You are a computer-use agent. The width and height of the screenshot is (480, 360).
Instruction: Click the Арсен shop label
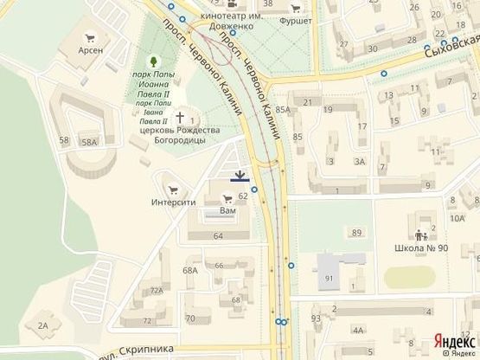click(x=90, y=50)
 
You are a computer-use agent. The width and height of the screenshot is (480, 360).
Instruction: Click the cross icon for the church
click(x=181, y=117)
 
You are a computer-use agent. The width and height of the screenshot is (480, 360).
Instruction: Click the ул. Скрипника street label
click(x=137, y=351)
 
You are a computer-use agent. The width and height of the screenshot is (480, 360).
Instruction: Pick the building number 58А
click(x=89, y=141)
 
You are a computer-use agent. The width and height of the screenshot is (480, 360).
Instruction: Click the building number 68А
click(x=190, y=270)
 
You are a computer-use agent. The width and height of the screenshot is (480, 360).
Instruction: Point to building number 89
click(x=356, y=233)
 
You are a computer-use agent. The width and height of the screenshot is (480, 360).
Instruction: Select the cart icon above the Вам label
click(x=227, y=198)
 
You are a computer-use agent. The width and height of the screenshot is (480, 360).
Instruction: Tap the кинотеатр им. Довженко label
click(x=230, y=20)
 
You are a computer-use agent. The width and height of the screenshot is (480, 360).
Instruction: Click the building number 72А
click(x=156, y=292)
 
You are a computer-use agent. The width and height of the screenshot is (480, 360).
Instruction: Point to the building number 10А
click(x=456, y=218)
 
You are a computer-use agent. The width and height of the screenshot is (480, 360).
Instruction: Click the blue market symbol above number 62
click(x=240, y=177)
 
